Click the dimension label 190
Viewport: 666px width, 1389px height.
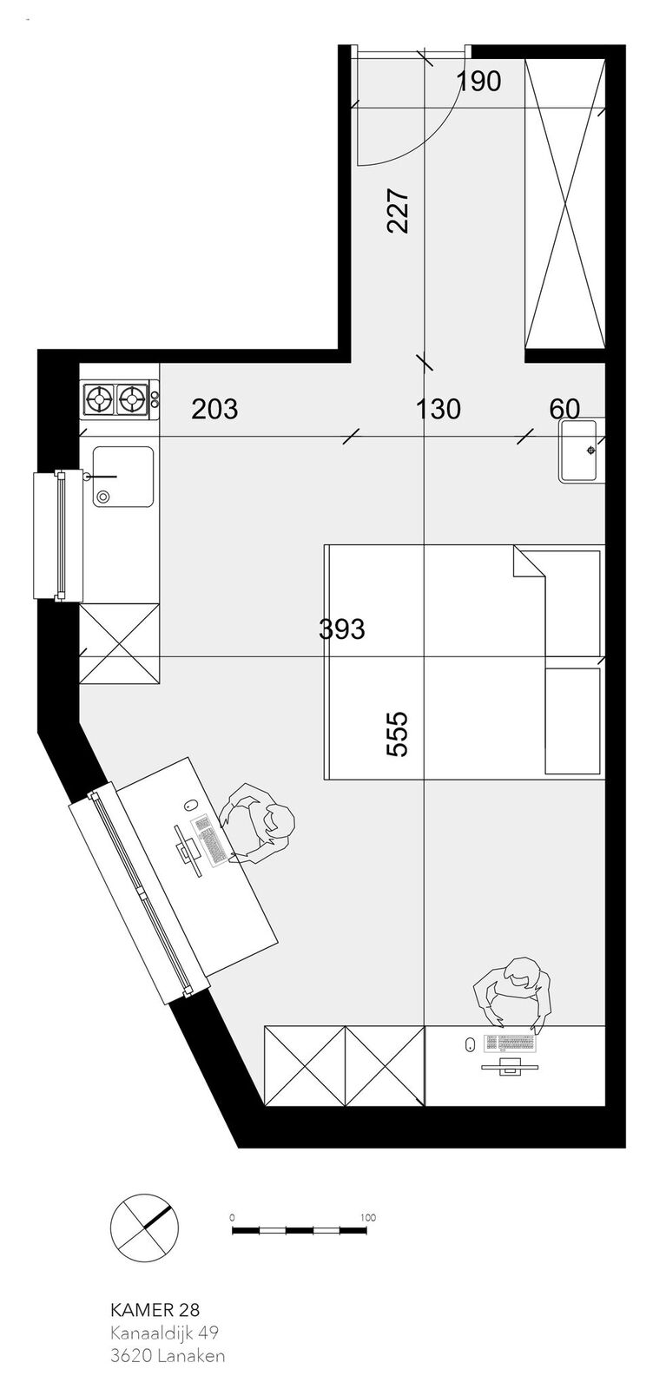click(478, 82)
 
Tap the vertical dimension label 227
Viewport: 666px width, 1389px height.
click(398, 211)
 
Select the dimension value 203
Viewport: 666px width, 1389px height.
click(214, 409)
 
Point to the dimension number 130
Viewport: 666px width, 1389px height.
click(438, 409)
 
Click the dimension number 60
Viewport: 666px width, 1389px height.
click(564, 409)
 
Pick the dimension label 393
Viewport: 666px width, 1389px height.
click(341, 629)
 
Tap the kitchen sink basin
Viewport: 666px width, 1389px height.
click(122, 476)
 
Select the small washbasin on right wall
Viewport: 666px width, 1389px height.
click(578, 451)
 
